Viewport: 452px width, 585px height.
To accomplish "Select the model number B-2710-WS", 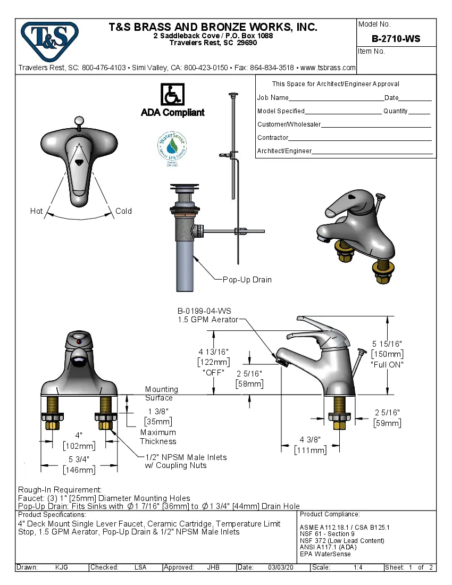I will (x=396, y=38).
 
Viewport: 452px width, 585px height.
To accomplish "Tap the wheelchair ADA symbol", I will (x=172, y=95).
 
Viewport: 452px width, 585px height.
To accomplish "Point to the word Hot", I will (x=36, y=211).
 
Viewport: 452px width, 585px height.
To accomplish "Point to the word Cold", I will (x=123, y=211).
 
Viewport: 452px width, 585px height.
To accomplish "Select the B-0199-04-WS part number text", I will (x=204, y=311).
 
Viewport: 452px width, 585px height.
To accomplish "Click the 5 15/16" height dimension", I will (x=387, y=344).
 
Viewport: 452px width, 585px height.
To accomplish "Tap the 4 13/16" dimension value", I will (x=213, y=352).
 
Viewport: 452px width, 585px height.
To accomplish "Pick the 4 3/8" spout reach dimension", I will (x=310, y=440).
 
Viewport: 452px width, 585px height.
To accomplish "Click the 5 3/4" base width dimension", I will (x=79, y=459).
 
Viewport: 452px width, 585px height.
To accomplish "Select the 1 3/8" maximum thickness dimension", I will (x=158, y=412).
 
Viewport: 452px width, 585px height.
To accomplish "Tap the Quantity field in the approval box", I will (x=419, y=112).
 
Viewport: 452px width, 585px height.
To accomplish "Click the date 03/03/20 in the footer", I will (x=281, y=567).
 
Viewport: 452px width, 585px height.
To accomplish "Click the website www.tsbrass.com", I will (x=328, y=68).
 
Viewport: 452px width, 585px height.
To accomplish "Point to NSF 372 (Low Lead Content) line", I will (x=342, y=541).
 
